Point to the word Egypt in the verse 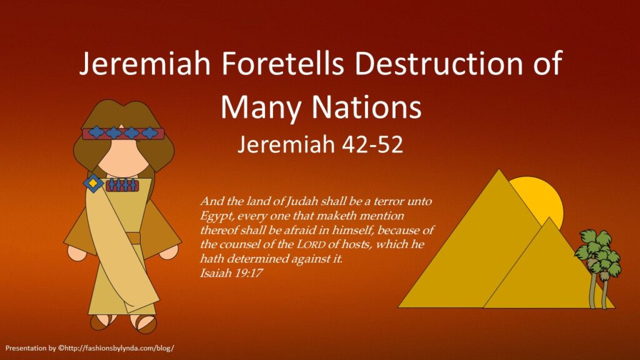[x=216, y=216]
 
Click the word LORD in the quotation [x=311, y=244]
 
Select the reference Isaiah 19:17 [x=231, y=272]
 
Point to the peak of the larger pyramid [x=498, y=170]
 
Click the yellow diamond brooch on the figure [x=94, y=183]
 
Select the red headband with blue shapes [x=123, y=133]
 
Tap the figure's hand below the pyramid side [x=169, y=251]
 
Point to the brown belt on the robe [x=133, y=238]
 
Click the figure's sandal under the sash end [x=144, y=322]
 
